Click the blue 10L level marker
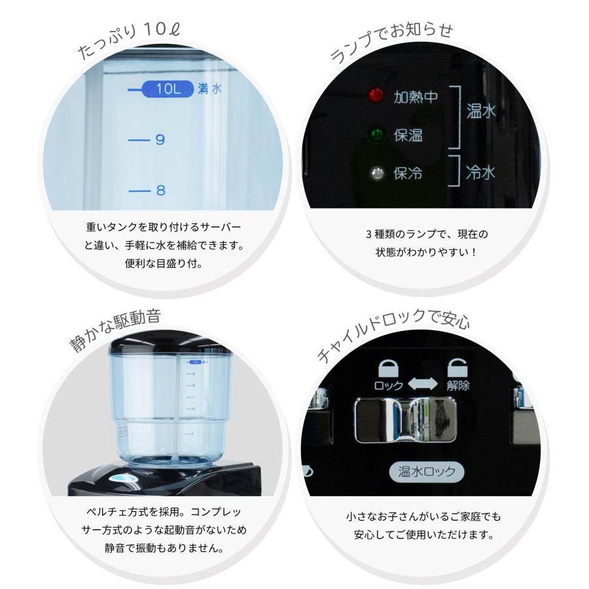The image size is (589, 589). [x=168, y=89]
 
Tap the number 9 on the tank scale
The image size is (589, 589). [x=160, y=140]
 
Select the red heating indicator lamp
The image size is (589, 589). [x=376, y=96]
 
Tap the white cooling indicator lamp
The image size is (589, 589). [x=376, y=173]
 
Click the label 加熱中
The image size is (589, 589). [x=415, y=97]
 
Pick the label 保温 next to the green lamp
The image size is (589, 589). [x=408, y=135]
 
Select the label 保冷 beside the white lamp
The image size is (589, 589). [x=408, y=173]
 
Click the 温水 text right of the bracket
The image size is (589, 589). [x=481, y=111]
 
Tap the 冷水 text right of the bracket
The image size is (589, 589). [x=480, y=173]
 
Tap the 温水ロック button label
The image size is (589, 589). [x=426, y=471]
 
